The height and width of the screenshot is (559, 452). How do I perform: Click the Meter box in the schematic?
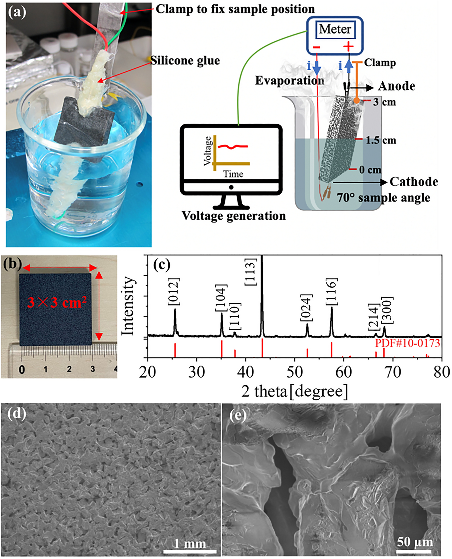(x=335, y=29)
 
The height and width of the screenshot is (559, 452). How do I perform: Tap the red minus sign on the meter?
(x=317, y=47)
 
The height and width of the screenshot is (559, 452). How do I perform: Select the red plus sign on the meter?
(x=348, y=47)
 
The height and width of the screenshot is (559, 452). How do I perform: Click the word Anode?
(x=396, y=86)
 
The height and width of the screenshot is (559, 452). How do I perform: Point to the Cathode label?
(x=414, y=182)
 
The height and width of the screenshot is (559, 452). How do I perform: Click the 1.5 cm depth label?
(x=381, y=140)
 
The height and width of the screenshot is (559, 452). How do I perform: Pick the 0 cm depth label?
(x=370, y=170)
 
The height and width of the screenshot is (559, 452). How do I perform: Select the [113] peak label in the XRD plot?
(x=251, y=272)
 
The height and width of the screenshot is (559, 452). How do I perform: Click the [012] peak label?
(x=174, y=292)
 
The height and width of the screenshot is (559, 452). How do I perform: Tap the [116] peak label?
(x=332, y=292)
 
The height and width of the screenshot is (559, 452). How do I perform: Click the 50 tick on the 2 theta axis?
(x=295, y=373)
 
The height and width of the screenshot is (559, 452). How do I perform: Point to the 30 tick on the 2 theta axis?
(x=197, y=373)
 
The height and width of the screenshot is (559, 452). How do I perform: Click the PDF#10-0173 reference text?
(x=407, y=343)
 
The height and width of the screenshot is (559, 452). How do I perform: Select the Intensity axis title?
(x=128, y=306)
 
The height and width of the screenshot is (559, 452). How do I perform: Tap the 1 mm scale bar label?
(x=190, y=543)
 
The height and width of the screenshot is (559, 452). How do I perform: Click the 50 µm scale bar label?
(x=415, y=542)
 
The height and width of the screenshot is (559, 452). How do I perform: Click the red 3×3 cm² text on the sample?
(x=57, y=302)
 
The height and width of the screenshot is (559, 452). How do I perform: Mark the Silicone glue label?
(x=185, y=60)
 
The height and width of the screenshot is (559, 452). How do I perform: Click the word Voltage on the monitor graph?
(x=208, y=151)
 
